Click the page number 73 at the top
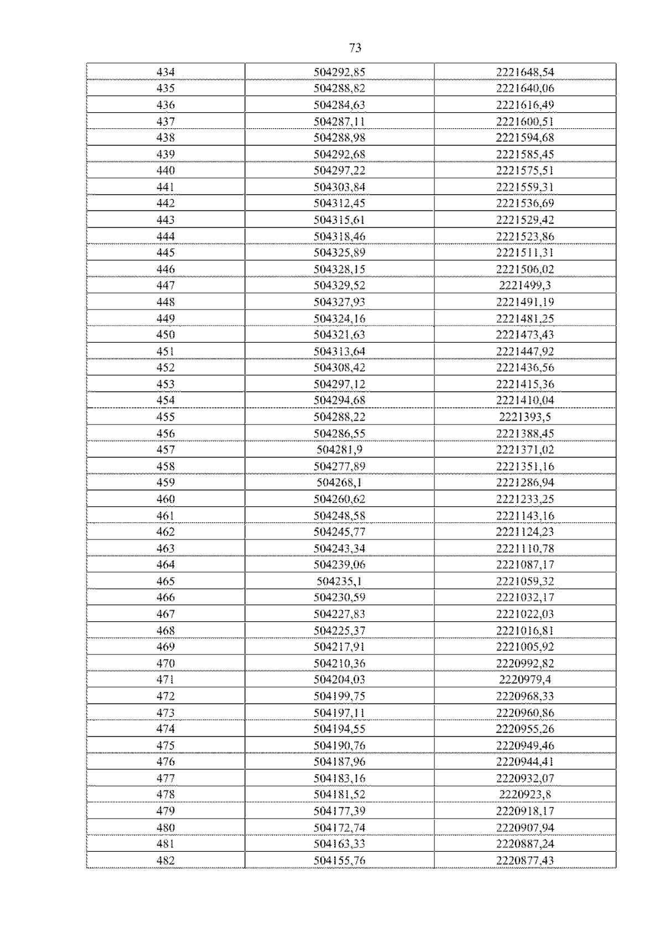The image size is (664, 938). [x=355, y=48]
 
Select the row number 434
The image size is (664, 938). [x=165, y=72]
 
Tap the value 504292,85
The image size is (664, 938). [x=339, y=72]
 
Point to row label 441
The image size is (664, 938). [x=165, y=187]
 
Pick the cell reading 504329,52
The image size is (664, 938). [x=339, y=285]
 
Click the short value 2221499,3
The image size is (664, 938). [x=525, y=285]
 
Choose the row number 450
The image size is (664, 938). [x=165, y=334]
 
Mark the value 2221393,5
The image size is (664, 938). [x=525, y=417]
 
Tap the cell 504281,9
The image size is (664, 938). [x=339, y=449]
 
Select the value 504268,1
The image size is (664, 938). [x=339, y=482]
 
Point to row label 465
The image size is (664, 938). [x=165, y=581]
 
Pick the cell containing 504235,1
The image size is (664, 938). [x=339, y=581]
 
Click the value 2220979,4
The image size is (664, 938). [x=525, y=679]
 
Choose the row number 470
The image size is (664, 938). [x=165, y=663]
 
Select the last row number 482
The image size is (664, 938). [x=165, y=860]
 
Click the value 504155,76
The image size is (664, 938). [x=339, y=860]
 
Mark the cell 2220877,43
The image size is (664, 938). [x=525, y=860]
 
